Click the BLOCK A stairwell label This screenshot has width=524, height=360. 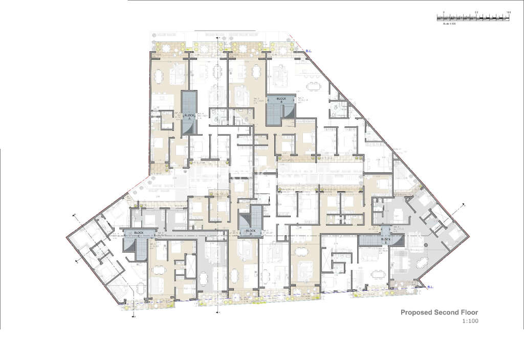pyautogui.click(x=189, y=116)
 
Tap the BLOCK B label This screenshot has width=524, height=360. pyautogui.click(x=280, y=99)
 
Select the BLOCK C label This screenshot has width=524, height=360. pyautogui.click(x=139, y=233)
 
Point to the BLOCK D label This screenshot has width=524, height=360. pyautogui.click(x=250, y=231)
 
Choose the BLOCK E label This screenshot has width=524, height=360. pyautogui.click(x=386, y=239)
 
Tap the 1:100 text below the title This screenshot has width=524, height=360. pyautogui.click(x=469, y=322)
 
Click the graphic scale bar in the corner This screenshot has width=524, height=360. pyautogui.click(x=473, y=17)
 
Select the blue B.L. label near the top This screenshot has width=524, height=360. pyautogui.click(x=309, y=51)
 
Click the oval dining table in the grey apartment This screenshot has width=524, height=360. pyautogui.click(x=423, y=262)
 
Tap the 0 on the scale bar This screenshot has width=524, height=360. pyautogui.click(x=443, y=11)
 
